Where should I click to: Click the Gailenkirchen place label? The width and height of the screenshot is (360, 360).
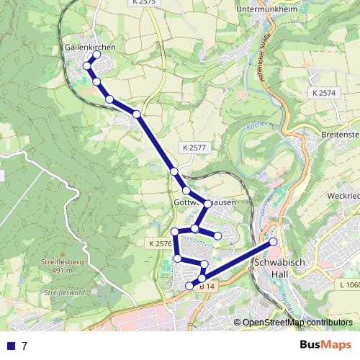click(x=90, y=46)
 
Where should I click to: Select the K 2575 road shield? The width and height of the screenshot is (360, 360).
click(x=144, y=3)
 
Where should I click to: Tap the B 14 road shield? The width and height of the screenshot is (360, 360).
click(x=207, y=286)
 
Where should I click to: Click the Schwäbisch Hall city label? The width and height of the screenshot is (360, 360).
click(x=281, y=270)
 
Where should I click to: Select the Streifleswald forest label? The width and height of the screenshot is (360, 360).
click(x=65, y=293)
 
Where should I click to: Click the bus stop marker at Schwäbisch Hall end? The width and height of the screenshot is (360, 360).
click(x=274, y=242)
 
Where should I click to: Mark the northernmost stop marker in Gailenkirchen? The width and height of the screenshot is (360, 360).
click(x=96, y=55)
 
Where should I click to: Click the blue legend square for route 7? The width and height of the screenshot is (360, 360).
click(x=11, y=346)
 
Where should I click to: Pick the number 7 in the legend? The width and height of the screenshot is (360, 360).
click(x=24, y=346)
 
